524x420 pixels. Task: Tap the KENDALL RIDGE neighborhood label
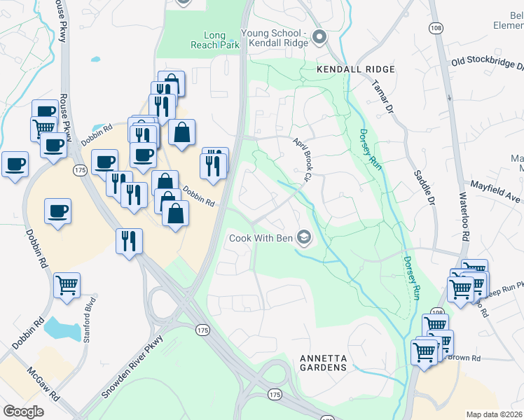pos(356,70)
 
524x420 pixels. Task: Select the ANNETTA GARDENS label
pos(323,362)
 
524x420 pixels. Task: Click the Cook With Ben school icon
pos(304,238)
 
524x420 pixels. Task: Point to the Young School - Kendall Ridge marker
pos(319,37)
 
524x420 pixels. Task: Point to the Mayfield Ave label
pos(496,188)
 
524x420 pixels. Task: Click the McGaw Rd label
pos(43,384)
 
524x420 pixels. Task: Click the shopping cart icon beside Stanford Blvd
pos(67,284)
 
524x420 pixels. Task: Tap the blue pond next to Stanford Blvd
pos(58,326)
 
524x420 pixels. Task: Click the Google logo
pos(23,412)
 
